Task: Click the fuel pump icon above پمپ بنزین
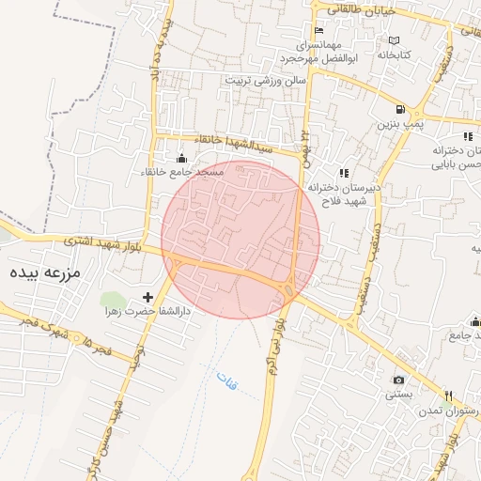(x=400, y=109)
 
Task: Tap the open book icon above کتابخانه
(x=394, y=41)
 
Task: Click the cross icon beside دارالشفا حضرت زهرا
(x=147, y=297)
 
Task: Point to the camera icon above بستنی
(x=398, y=380)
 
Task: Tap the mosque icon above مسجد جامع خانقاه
(x=181, y=159)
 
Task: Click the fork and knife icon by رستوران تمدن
(x=448, y=395)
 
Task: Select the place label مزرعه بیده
(x=46, y=273)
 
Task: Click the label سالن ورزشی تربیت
(x=266, y=81)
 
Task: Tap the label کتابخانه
(x=396, y=55)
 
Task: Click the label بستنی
(x=397, y=396)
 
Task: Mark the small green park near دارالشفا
(x=111, y=301)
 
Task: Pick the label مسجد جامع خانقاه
(x=184, y=173)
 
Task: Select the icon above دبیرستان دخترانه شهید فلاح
(x=343, y=173)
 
